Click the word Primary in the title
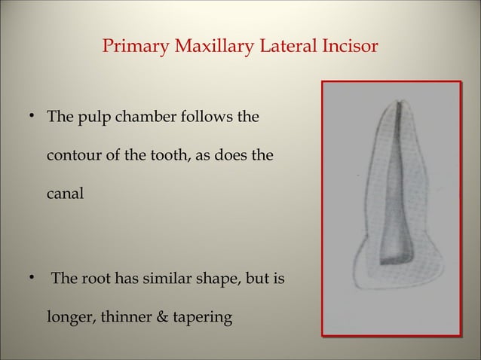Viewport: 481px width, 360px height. point(133,47)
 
